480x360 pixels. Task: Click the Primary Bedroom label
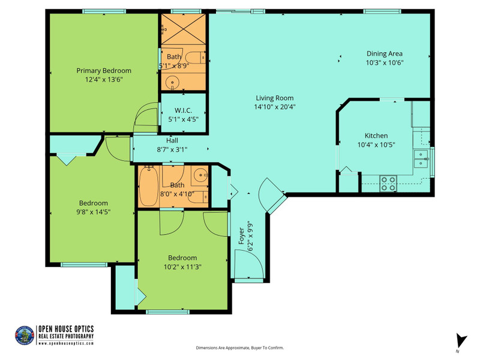point(104,71)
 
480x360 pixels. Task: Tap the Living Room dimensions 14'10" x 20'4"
point(275,107)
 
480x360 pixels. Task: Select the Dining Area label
point(385,53)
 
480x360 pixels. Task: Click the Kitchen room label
point(376,136)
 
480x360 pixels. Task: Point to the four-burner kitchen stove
point(388,184)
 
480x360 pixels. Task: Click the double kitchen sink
point(422,159)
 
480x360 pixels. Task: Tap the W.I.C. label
point(184,110)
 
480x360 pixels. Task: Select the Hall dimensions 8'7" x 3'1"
point(172,149)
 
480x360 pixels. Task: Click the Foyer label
point(242,236)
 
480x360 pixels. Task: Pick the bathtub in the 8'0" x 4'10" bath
point(148,187)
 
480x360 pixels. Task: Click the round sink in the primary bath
point(173,82)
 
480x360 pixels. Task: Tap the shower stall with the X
point(184,29)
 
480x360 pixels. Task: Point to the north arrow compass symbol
point(461,341)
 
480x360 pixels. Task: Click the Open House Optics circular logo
point(25,335)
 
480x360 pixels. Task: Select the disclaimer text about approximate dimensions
point(240,348)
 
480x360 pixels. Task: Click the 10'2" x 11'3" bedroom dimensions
point(182,267)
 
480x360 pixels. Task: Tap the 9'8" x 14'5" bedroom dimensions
point(94,212)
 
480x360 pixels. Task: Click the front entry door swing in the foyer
point(248,263)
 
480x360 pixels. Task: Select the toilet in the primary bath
point(196,58)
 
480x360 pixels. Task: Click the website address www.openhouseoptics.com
point(66,343)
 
